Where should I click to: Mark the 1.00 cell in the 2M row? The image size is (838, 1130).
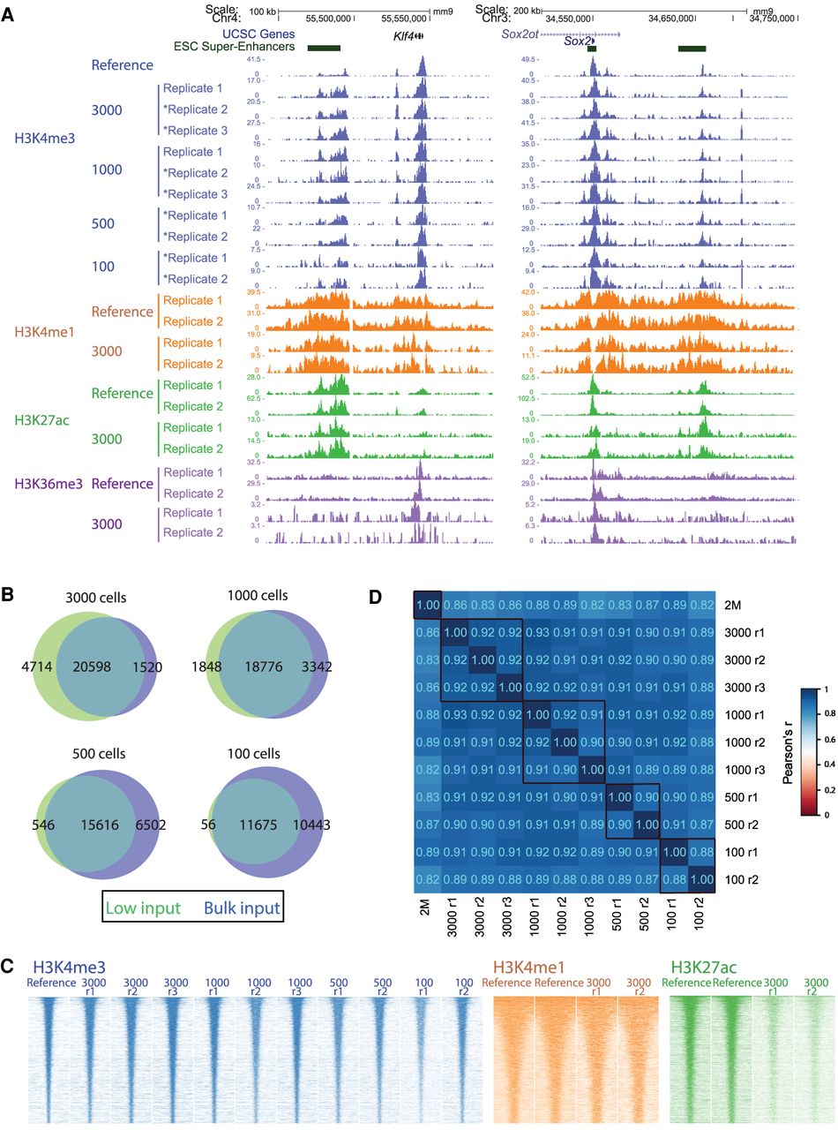click(x=428, y=605)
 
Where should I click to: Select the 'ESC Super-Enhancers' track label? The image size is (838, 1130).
click(x=235, y=46)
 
